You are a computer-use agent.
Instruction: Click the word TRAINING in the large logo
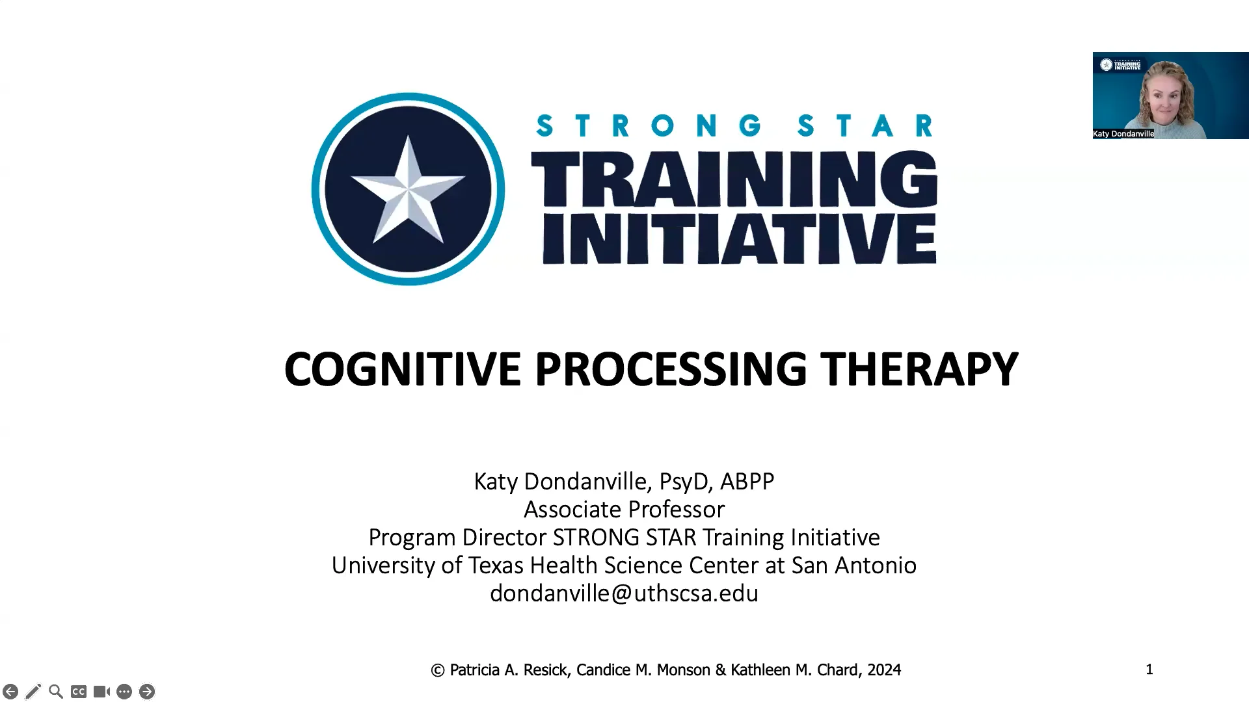tap(734, 179)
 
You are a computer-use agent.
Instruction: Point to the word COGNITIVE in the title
tap(402, 369)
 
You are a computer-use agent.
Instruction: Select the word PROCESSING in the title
tap(670, 369)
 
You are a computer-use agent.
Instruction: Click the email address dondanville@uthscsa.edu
tap(624, 593)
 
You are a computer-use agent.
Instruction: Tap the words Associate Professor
tap(624, 509)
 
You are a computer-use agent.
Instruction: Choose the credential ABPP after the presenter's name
tap(747, 482)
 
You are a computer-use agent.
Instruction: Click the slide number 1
tap(1149, 669)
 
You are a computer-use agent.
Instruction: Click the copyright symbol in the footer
tap(438, 670)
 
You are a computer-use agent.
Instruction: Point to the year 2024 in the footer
tap(884, 670)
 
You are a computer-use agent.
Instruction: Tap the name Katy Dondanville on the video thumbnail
tap(1123, 134)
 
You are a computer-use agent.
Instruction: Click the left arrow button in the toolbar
tap(10, 692)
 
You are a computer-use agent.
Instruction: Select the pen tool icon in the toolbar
tap(33, 692)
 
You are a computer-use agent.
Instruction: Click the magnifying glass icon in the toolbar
tap(56, 692)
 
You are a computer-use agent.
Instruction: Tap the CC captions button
tap(79, 692)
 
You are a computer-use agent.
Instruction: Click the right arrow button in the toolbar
tap(147, 692)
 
